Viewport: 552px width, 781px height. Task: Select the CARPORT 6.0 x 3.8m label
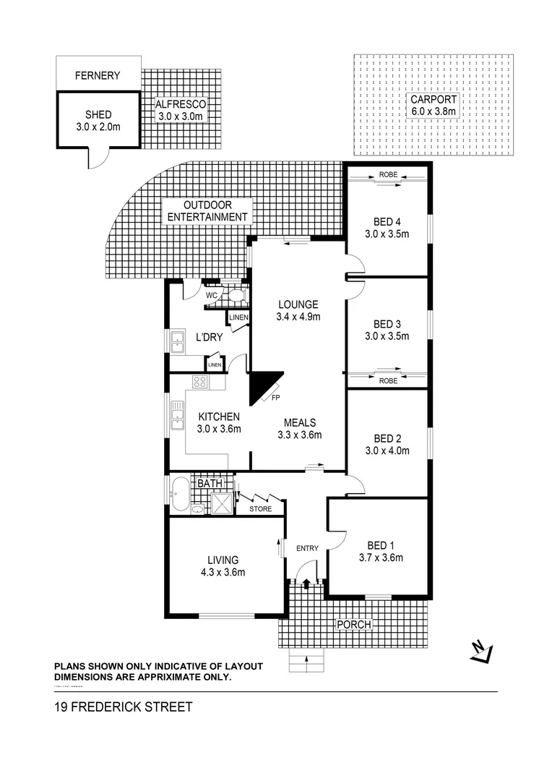point(434,106)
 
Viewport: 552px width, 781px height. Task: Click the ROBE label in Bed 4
point(388,175)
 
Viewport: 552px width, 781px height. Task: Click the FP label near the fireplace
point(275,397)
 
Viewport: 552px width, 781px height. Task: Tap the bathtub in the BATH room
point(179,495)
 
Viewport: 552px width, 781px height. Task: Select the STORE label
point(260,509)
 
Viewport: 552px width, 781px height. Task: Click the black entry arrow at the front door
point(306,582)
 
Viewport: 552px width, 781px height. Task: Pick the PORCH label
point(354,624)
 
